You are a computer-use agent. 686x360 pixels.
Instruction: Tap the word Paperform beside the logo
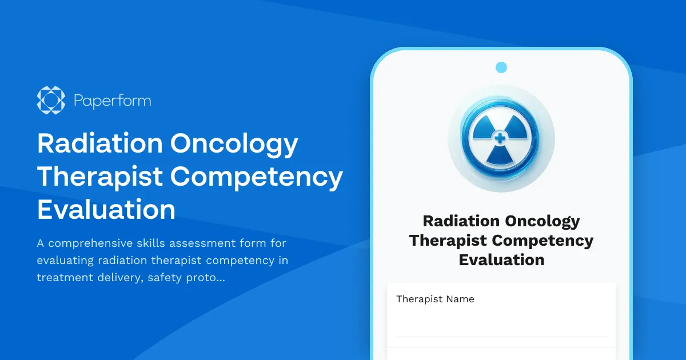click(112, 101)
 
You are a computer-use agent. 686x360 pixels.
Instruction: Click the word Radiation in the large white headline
click(98, 145)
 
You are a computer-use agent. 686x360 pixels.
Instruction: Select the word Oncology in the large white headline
click(234, 145)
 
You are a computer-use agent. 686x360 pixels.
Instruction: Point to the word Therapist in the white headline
click(99, 177)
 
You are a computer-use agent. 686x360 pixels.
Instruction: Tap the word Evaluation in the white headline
click(106, 210)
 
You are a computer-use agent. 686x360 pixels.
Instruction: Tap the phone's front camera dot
click(501, 67)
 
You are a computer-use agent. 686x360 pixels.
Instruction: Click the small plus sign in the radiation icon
click(501, 137)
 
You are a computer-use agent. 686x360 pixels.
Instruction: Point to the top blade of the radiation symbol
click(501, 125)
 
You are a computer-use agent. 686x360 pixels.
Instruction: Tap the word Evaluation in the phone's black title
click(501, 260)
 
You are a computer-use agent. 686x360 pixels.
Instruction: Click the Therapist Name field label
click(435, 299)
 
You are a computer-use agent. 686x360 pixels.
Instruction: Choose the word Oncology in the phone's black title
click(541, 221)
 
